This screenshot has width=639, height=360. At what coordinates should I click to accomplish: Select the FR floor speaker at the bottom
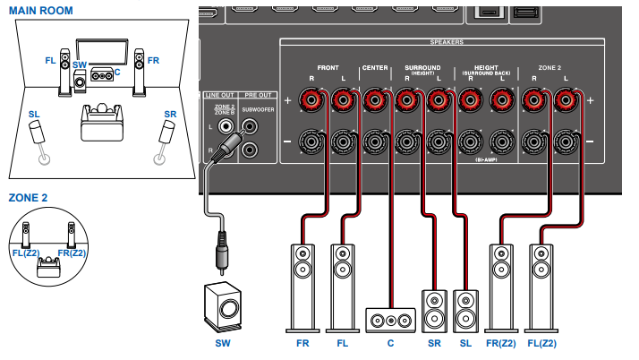pyautogui.click(x=303, y=282)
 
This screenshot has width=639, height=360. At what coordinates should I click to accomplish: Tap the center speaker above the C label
pyautogui.click(x=391, y=318)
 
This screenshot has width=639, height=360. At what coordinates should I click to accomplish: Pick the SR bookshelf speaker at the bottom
pyautogui.click(x=433, y=309)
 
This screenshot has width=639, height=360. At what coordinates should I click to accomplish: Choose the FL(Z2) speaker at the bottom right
pyautogui.click(x=541, y=282)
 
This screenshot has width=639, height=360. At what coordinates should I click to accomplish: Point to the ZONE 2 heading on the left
pyautogui.click(x=28, y=197)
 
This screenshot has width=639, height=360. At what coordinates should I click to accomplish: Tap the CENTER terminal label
pyautogui.click(x=374, y=68)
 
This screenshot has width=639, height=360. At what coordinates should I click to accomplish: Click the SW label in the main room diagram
pyautogui.click(x=79, y=65)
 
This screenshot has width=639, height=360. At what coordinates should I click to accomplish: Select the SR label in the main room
pyautogui.click(x=170, y=115)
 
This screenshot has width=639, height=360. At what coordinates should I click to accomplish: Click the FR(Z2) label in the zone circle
pyautogui.click(x=72, y=253)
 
